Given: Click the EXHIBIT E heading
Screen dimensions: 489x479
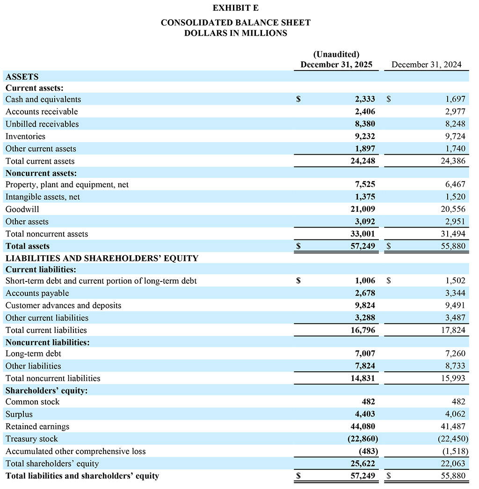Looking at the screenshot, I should click(x=235, y=8).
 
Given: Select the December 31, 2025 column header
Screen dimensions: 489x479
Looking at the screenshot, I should click(x=336, y=65).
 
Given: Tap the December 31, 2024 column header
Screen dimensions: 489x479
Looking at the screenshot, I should click(x=426, y=65).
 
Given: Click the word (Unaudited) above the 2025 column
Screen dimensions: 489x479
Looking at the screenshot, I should click(x=336, y=54).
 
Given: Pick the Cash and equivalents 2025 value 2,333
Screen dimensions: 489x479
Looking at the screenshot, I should click(x=365, y=99).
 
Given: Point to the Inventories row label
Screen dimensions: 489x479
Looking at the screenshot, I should click(x=25, y=136).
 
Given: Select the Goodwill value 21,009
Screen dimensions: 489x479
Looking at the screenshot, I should click(x=363, y=209).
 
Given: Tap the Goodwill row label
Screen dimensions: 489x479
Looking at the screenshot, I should click(x=22, y=209).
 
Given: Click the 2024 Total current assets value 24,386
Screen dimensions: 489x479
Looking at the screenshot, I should click(x=453, y=161).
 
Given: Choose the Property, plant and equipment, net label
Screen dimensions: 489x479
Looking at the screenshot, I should click(x=67, y=185).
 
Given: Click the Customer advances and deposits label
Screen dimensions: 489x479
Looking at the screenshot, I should click(x=63, y=305).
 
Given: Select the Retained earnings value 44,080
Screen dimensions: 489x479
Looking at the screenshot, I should click(x=363, y=426).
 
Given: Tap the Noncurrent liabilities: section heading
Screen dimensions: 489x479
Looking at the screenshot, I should click(x=47, y=342).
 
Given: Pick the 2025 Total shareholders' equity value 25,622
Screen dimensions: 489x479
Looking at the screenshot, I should click(x=363, y=463).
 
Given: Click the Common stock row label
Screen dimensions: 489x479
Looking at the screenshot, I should click(x=32, y=402).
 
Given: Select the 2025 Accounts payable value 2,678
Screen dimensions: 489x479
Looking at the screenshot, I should click(x=365, y=293).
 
